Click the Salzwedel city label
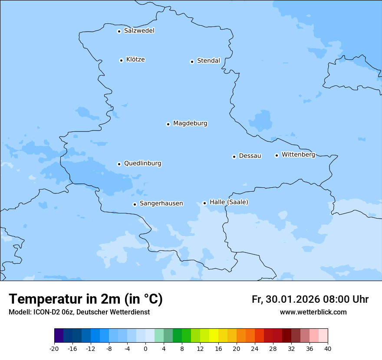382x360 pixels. click(139, 31)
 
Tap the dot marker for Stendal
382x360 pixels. click(192, 62)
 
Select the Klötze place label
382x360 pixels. click(135, 59)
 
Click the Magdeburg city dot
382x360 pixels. click(168, 124)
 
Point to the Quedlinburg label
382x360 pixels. click(142, 164)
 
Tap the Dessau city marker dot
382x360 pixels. click(234, 157)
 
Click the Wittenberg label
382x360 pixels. click(298, 154)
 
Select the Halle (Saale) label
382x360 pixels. click(229, 202)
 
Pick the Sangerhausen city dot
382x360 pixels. click(135, 204)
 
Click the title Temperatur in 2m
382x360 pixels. click(86, 299)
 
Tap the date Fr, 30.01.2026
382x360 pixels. click(286, 299)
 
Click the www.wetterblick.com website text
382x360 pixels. click(313, 312)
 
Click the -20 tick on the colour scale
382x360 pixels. click(54, 348)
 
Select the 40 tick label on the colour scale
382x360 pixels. click(328, 348)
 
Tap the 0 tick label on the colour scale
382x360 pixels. click(145, 348)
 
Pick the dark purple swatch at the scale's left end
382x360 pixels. click(59, 336)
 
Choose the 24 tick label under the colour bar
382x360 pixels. click(255, 348)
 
